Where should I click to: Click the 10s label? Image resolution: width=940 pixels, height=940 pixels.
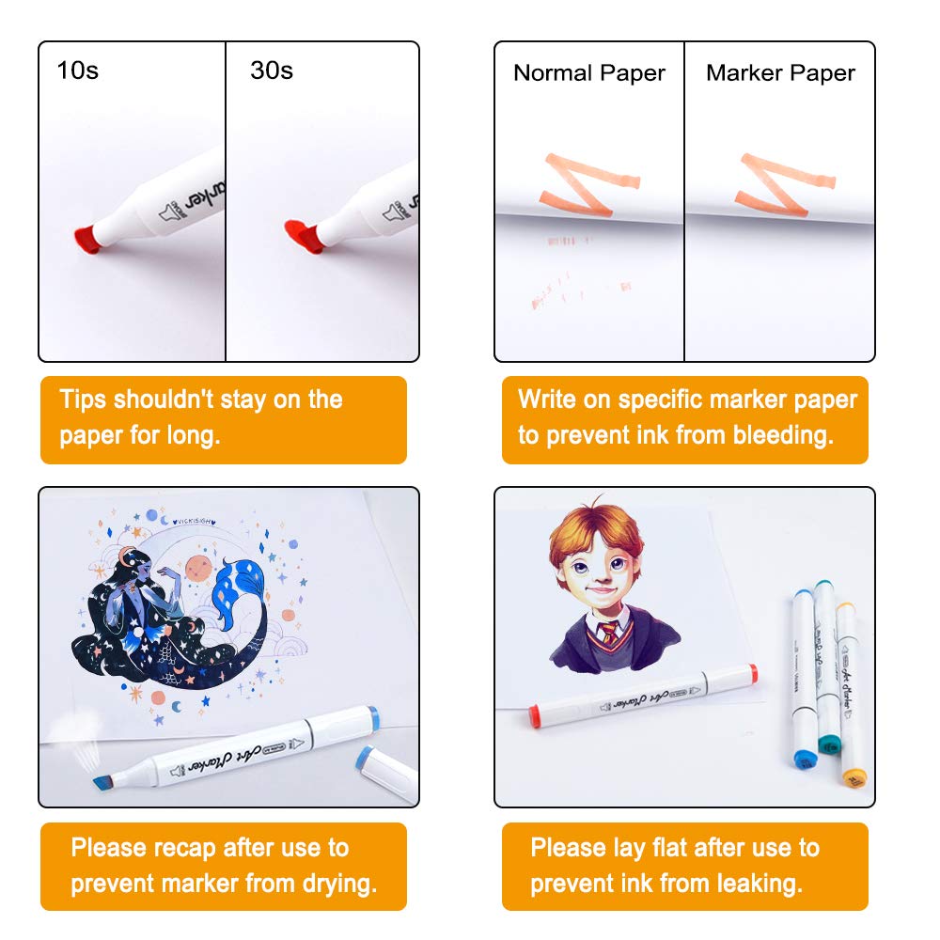[77, 70]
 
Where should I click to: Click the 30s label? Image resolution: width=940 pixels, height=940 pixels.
[272, 70]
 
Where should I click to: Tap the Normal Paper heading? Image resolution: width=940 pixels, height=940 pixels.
[589, 73]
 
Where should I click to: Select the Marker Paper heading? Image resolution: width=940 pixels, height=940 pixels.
[780, 73]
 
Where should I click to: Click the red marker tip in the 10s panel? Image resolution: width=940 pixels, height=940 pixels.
[87, 239]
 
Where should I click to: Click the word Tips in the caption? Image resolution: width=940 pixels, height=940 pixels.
[85, 399]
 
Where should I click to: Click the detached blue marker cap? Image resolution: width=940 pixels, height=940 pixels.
[385, 766]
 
